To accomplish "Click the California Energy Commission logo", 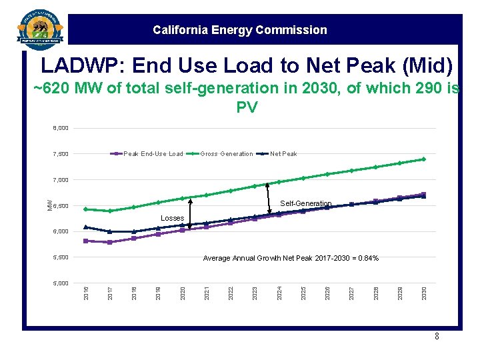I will [41, 29].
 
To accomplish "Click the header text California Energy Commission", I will [239, 30].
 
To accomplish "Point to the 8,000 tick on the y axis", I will [61, 128].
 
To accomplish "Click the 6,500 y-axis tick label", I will [61, 206].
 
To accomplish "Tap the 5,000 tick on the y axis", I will [61, 283].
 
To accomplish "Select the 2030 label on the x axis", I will [424, 293].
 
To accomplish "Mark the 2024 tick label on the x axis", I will [279, 293].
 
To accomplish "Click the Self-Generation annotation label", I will [305, 203].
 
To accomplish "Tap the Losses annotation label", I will [172, 218].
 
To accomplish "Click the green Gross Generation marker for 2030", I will [424, 159].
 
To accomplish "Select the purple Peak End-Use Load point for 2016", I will [85, 241].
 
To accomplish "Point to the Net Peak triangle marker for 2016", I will [85, 227].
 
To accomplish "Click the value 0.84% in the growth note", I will [367, 258].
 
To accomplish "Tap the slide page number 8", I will [437, 337].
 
